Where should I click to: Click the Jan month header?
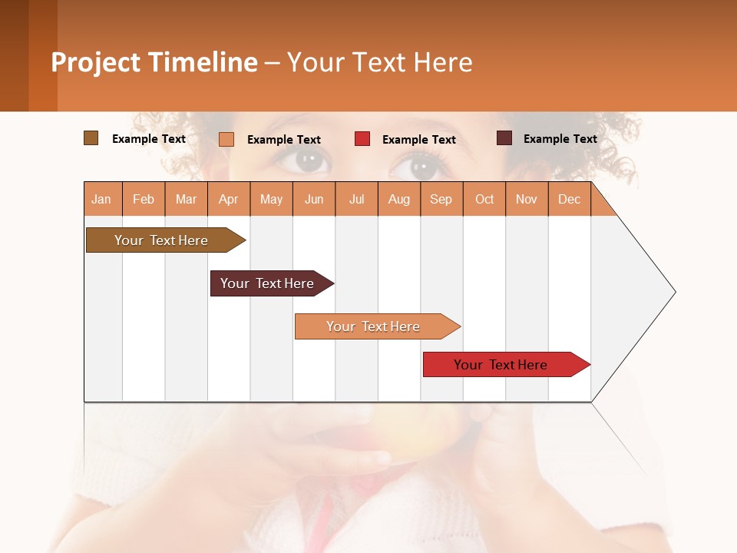(x=102, y=199)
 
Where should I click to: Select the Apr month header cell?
(x=229, y=199)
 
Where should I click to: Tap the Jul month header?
(x=356, y=199)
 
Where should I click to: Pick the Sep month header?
(x=441, y=199)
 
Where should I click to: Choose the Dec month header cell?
(x=569, y=199)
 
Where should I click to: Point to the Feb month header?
(x=144, y=199)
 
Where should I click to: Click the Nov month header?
(x=527, y=199)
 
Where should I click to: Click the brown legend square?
(x=91, y=138)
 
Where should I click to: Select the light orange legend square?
(x=226, y=139)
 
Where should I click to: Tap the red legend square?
(x=362, y=139)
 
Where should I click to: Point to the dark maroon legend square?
(x=504, y=138)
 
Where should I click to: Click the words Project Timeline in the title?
(x=154, y=62)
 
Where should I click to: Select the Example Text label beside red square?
(x=419, y=140)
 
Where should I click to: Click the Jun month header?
(x=314, y=199)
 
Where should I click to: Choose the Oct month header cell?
(x=484, y=199)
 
